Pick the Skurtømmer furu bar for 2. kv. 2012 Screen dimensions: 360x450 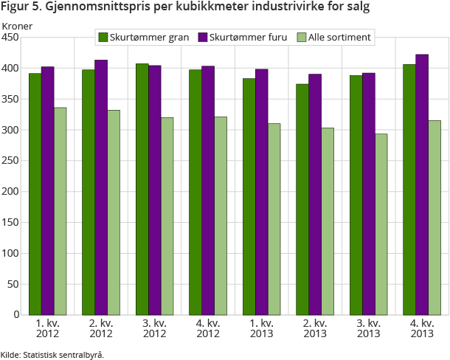101,187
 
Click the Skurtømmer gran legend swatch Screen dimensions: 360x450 103,37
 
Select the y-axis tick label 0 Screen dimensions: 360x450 15,315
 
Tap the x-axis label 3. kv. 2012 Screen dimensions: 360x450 155,329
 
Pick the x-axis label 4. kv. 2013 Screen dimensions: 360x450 422,329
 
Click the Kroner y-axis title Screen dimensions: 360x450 17,26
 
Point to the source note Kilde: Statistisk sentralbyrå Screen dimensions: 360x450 52,354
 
